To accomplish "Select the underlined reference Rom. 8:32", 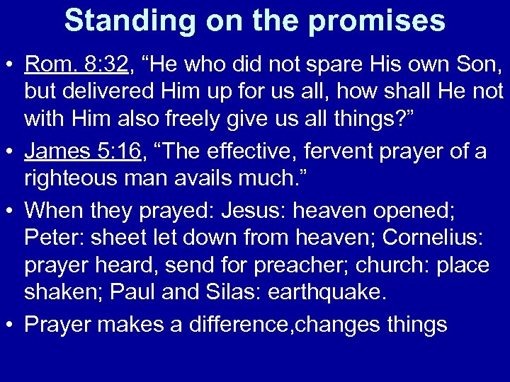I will point(76,66).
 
